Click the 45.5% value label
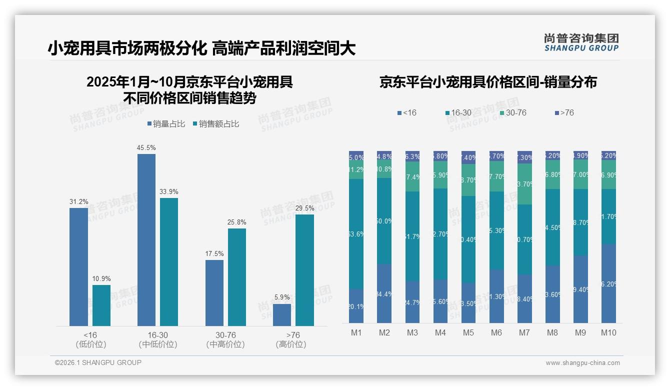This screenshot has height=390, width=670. coord(146,148)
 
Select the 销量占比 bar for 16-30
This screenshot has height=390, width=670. coord(146,240)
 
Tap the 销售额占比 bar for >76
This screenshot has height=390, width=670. coord(304,270)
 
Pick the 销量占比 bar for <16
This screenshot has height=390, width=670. coord(78,267)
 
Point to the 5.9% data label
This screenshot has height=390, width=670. coord(282,297)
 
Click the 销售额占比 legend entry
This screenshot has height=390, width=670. coord(215,124)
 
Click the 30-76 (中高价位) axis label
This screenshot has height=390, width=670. coord(225,339)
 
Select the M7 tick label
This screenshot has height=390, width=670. coord(524,333)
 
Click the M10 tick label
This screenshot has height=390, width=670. coord(608,333)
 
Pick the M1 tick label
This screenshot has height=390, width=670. coord(356,333)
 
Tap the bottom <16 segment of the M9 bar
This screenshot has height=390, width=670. coord(580,289)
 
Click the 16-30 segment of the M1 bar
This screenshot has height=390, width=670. coord(356,234)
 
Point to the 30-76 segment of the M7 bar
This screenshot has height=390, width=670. coord(524,184)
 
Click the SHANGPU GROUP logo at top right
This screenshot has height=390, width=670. coord(581,42)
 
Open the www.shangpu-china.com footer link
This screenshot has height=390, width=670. coord(582,363)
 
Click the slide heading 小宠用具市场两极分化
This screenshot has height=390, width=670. coord(127,48)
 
